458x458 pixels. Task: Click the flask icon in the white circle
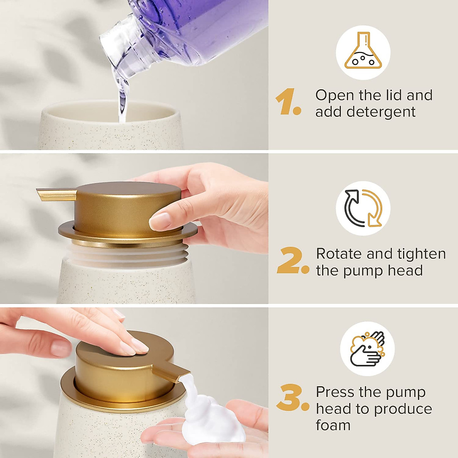pos(363,53)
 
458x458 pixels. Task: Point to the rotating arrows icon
pos(363,208)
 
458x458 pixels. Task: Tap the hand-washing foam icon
pos(367,349)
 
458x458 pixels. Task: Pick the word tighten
pos(420,254)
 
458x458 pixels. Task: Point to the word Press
pos(335,392)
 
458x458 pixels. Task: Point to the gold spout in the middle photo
pos(57,194)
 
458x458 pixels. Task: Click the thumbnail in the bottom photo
pos(61,349)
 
